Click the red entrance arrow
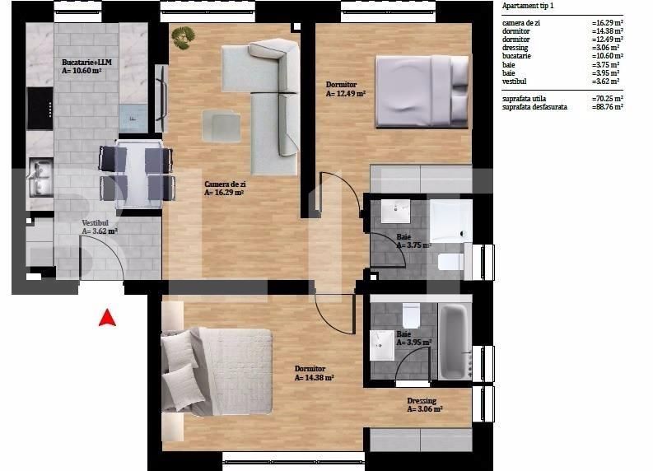point(107,317)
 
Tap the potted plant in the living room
point(183,35)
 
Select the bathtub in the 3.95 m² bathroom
point(454,342)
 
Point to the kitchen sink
point(40,172)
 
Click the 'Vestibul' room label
point(96,222)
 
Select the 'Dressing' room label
point(422,401)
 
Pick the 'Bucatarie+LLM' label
point(86,63)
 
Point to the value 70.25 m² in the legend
point(608,97)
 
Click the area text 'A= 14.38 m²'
point(314,378)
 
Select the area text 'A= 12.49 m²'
point(345,94)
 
